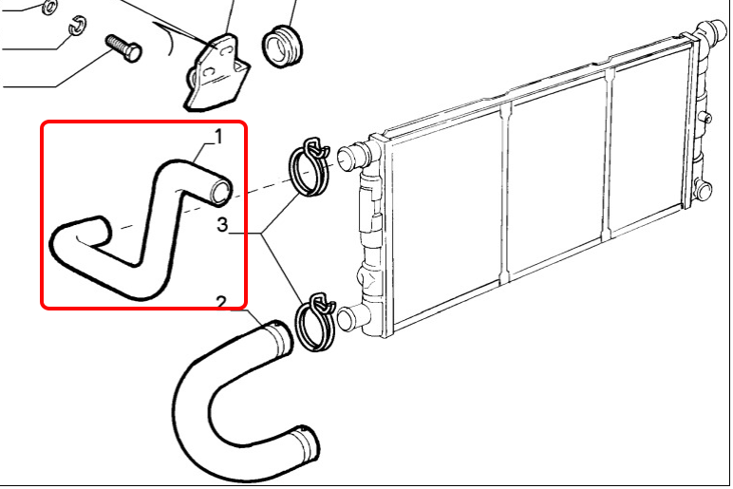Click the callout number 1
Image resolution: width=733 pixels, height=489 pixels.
coord(218,138)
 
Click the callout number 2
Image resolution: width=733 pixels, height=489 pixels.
coord(221,303)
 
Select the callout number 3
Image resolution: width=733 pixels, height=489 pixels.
coord(222,225)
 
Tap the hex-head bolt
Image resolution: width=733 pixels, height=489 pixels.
coord(123,48)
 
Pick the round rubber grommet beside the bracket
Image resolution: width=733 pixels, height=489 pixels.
coord(283,46)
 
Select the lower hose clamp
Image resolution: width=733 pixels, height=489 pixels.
coord(314,322)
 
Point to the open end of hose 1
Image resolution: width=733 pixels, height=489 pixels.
coord(220,192)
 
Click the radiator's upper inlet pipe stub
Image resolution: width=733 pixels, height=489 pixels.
coord(354,154)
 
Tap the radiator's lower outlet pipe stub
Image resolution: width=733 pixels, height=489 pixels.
coord(353,318)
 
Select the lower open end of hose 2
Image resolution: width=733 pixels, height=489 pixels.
coord(306,444)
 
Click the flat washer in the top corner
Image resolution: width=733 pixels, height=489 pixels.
coord(48,7)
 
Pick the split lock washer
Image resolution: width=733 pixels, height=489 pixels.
coord(78,27)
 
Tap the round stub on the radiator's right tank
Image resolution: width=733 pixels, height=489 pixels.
coord(704,190)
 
